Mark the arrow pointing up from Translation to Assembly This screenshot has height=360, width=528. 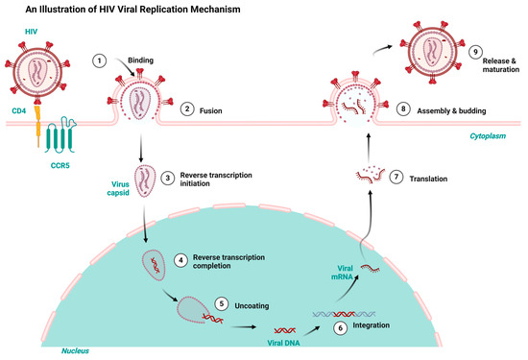(x=366, y=143)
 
